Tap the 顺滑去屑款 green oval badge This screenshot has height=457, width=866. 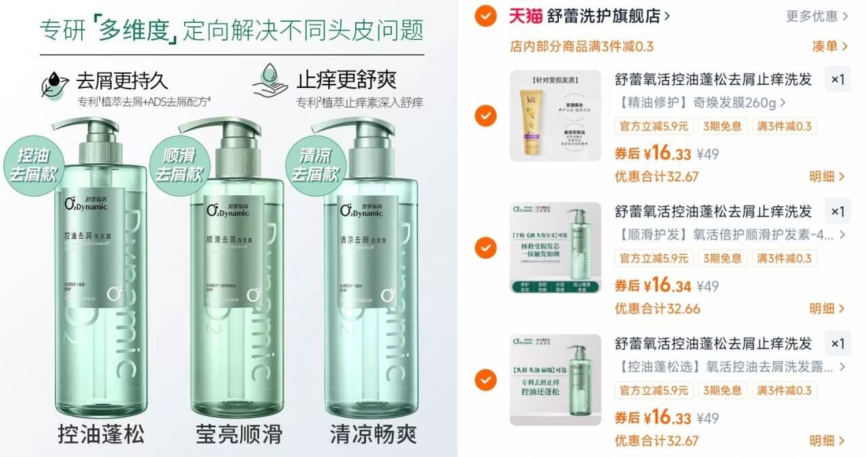click(179, 163)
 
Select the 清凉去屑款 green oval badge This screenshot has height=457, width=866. click(314, 163)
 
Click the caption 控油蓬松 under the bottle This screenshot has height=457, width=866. click(101, 433)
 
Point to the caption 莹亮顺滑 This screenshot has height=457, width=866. click(239, 433)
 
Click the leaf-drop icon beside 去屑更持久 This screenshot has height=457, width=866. click(55, 85)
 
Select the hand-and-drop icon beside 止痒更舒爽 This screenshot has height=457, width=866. click(270, 83)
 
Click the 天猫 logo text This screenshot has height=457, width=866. click(526, 16)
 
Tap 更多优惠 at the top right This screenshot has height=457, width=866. click(811, 16)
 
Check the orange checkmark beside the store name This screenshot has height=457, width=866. click(486, 15)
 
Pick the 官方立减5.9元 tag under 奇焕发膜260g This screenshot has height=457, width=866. click(654, 126)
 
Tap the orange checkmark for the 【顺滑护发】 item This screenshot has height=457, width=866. click(486, 248)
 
